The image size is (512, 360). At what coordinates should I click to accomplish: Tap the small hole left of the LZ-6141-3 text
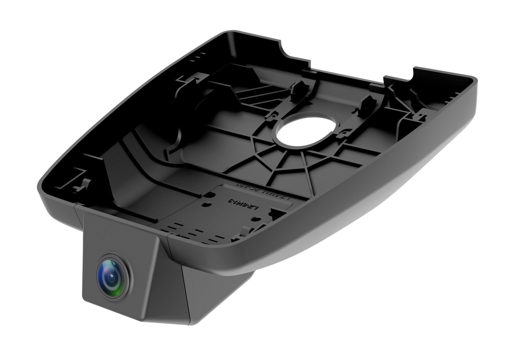(x=206, y=204)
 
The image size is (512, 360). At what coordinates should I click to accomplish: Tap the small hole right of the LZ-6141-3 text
(x=257, y=219)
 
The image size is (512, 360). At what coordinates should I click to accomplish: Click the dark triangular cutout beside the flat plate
(x=276, y=214)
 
